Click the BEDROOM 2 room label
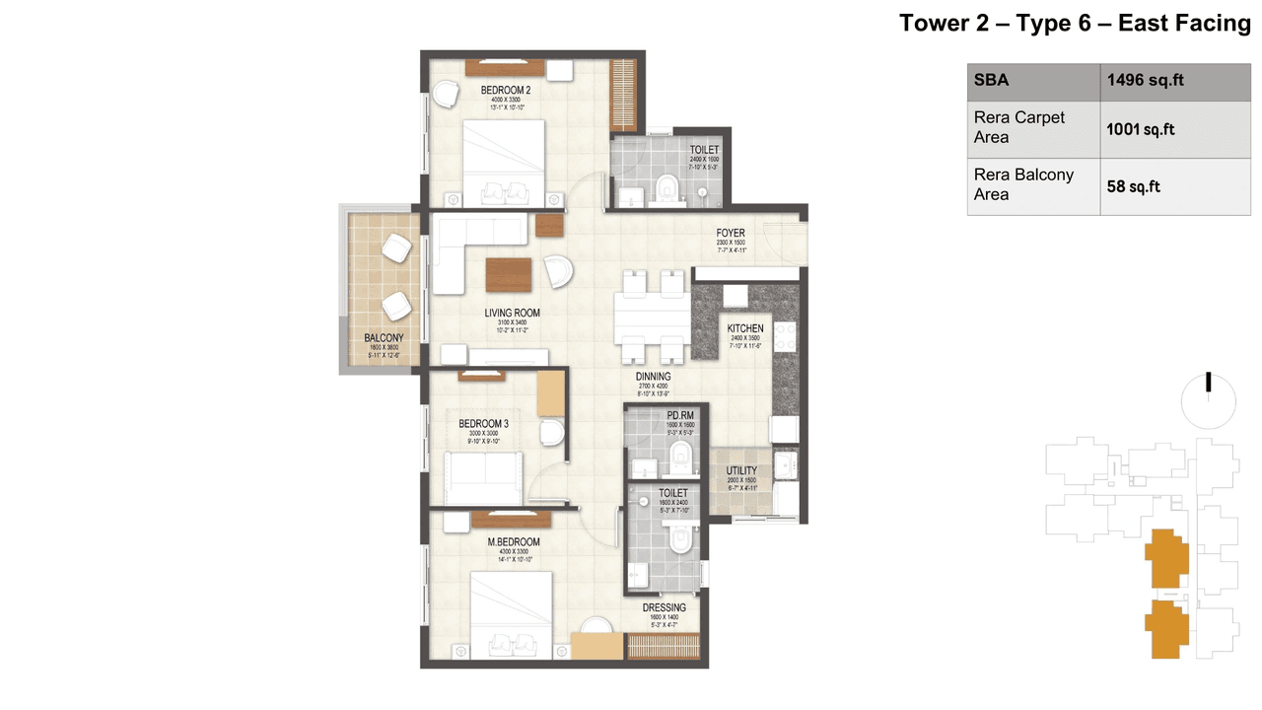click(x=505, y=91)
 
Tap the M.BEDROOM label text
click(x=515, y=542)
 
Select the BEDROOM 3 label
click(x=483, y=424)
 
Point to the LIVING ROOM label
click(x=512, y=314)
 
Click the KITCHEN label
click(x=745, y=328)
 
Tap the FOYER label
click(x=731, y=234)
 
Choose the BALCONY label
click(x=384, y=338)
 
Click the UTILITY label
click(x=741, y=471)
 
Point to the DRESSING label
click(x=664, y=608)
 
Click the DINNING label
click(x=653, y=377)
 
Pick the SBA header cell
click(x=991, y=81)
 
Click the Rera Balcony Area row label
click(x=1023, y=184)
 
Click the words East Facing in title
click(x=1183, y=24)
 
